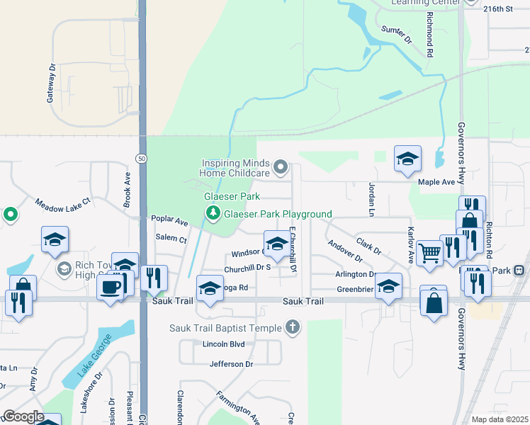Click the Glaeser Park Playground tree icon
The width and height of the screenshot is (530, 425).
click(212, 212)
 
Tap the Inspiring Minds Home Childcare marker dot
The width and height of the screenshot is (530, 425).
click(281, 167)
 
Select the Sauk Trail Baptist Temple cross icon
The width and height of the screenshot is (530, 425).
click(291, 327)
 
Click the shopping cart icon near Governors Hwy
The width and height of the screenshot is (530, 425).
click(430, 251)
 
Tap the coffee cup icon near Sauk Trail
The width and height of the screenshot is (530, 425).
click(110, 286)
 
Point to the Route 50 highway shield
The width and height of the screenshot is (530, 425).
click(142, 159)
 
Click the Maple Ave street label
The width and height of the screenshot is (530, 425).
click(436, 182)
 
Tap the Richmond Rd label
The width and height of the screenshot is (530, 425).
click(429, 33)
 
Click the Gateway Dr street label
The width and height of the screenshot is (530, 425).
click(51, 85)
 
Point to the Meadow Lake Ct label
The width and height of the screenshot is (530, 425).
click(64, 203)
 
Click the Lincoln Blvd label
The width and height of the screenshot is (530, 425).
click(223, 344)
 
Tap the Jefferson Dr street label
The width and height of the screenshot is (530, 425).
click(231, 364)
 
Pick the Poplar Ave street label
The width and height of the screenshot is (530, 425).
click(169, 220)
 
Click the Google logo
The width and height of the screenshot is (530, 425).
click(23, 416)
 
